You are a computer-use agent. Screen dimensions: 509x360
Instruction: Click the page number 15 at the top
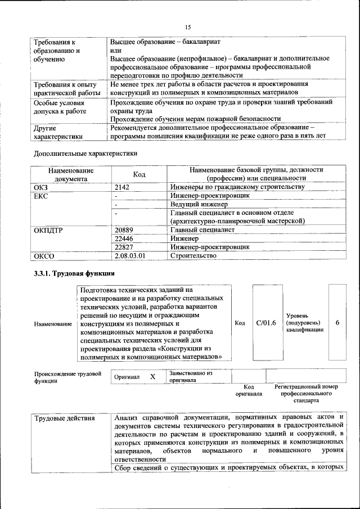(188, 27)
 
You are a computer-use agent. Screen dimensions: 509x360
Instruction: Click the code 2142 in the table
(122, 187)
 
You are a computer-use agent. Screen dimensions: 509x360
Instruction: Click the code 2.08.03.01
(130, 256)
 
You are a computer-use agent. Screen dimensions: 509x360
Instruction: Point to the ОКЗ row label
(42, 187)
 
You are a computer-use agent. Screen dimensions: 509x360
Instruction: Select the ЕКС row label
(41, 196)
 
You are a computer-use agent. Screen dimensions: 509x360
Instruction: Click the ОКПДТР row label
(48, 229)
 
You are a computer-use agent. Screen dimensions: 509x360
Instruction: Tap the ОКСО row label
(43, 256)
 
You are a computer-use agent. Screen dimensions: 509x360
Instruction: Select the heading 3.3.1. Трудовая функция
(74, 274)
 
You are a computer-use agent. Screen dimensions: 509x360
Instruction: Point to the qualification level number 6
(337, 323)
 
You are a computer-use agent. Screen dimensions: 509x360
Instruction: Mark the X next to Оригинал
(152, 376)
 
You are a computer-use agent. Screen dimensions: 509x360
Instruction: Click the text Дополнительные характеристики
(85, 153)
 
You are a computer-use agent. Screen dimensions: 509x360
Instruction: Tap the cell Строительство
(193, 256)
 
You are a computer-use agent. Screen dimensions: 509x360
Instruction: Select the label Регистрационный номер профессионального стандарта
(306, 394)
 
